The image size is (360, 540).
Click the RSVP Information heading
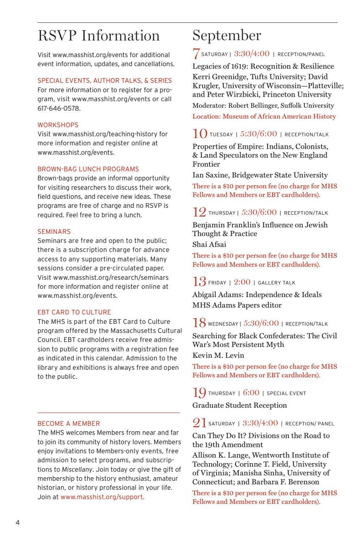click(99, 36)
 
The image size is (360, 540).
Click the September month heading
click(227, 36)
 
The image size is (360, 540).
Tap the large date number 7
click(196, 53)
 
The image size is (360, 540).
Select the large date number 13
click(199, 282)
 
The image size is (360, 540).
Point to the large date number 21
click(199, 423)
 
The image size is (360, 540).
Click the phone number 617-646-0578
click(59, 108)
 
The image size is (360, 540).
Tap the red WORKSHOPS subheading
click(58, 125)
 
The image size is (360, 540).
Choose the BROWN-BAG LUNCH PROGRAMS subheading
click(88, 169)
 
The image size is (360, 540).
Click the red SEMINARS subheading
click(54, 232)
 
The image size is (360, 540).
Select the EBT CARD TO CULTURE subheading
click(74, 312)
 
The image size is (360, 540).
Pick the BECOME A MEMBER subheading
click(69, 424)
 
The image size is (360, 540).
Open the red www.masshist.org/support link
click(102, 497)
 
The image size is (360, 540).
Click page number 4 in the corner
click(18, 523)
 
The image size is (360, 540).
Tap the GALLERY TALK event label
click(277, 283)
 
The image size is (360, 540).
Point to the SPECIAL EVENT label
click(286, 393)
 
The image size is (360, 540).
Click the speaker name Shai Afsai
click(209, 244)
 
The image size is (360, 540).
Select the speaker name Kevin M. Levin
click(218, 355)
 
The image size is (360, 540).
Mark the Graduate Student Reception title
click(239, 405)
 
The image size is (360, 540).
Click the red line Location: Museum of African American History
click(264, 116)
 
